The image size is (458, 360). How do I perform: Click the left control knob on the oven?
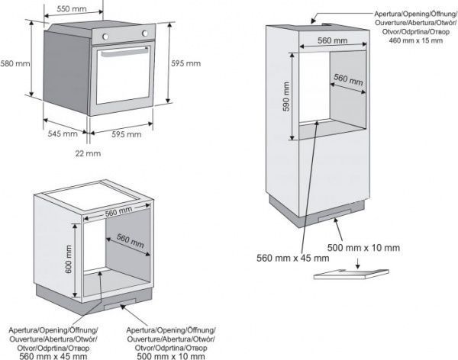click(105, 35)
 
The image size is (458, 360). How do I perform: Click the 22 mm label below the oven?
click(89, 153)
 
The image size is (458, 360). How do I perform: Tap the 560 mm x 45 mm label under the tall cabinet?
click(293, 259)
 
